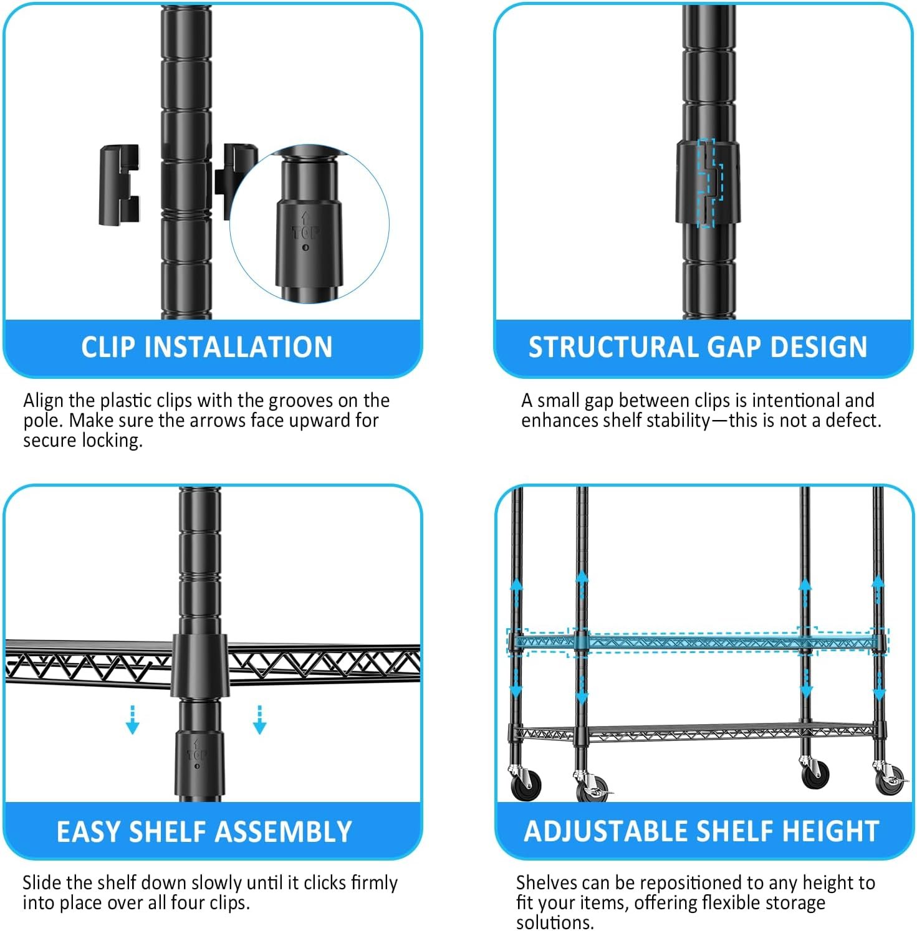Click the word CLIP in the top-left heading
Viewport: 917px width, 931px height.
108,347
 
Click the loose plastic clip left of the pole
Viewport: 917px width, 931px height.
119,184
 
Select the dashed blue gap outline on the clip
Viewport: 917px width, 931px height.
709,183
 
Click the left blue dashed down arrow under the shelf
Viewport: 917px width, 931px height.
132,720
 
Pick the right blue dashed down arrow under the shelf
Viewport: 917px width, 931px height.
259,720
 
